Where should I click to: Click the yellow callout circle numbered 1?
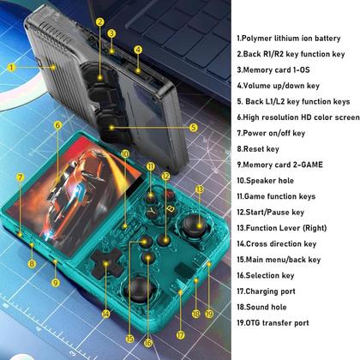pyautogui.click(x=11, y=68)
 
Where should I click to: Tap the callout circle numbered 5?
pyautogui.click(x=194, y=128)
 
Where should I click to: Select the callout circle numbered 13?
pyautogui.click(x=200, y=189)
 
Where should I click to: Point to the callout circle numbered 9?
pyautogui.click(x=56, y=283)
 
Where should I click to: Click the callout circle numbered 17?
pyautogui.click(x=181, y=335)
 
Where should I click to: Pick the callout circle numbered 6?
pyautogui.click(x=58, y=125)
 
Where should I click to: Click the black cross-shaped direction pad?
pyautogui.click(x=105, y=262)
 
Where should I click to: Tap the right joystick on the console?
pyautogui.click(x=195, y=225)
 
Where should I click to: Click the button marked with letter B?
pyautogui.click(x=171, y=209)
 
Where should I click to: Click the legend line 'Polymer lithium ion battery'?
pyautogui.click(x=289, y=39)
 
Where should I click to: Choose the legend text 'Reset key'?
pyautogui.click(x=258, y=149)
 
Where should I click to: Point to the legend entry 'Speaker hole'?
pyautogui.click(x=265, y=181)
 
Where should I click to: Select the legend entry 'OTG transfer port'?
pyautogui.click(x=273, y=323)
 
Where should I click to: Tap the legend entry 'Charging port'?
pyautogui.click(x=266, y=291)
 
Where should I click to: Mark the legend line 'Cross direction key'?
pyautogui.click(x=277, y=244)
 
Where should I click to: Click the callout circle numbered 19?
pyautogui.click(x=209, y=314)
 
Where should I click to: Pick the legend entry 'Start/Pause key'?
pyautogui.click(x=270, y=213)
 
